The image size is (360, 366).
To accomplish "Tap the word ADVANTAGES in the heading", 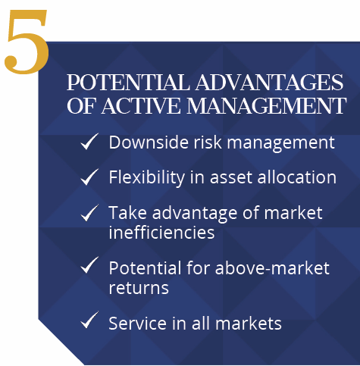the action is [x=270, y=83].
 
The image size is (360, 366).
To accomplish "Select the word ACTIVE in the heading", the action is [x=141, y=105].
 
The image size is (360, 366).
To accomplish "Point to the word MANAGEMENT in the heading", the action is [x=266, y=105].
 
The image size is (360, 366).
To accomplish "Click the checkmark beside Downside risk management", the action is [x=89, y=141].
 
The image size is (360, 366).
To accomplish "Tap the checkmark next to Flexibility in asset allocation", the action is [x=89, y=177].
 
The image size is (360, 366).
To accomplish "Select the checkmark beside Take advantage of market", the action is [x=89, y=213].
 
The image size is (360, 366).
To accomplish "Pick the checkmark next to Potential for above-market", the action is [x=89, y=265].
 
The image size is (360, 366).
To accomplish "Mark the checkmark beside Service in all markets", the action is [x=89, y=320].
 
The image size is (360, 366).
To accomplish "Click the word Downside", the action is [x=149, y=142].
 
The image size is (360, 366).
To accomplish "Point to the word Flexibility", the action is [x=147, y=177].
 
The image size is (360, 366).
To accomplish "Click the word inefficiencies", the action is [x=161, y=232].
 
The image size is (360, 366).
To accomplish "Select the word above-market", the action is [x=272, y=267].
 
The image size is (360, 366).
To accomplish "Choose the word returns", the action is [x=139, y=288].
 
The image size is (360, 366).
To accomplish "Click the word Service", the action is [x=138, y=323].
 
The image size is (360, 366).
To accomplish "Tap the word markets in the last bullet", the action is [x=249, y=323].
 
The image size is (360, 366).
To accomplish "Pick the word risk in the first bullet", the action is [x=208, y=142].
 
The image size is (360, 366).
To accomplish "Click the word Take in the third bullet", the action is [x=128, y=212].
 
